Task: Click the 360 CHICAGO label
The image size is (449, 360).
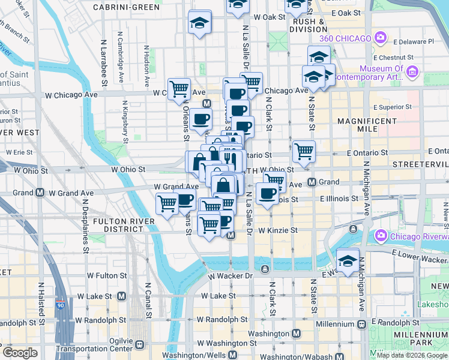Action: [345, 38]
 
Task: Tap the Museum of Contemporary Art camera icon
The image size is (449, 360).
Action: [412, 73]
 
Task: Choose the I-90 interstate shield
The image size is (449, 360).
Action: [61, 305]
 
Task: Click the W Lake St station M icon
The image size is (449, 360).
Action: [121, 296]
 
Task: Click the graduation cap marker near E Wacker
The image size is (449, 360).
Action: [348, 260]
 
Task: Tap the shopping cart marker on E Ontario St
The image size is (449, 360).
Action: [304, 152]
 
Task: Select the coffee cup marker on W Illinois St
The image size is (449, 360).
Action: [267, 193]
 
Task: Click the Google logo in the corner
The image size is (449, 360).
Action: [20, 353]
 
